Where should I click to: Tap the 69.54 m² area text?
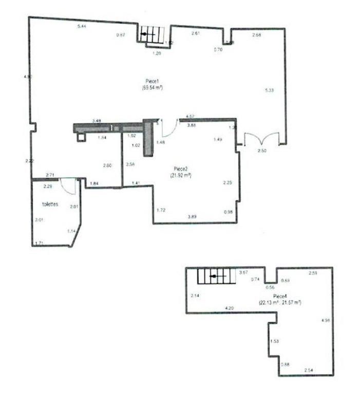[153, 88]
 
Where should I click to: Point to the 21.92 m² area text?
[181, 175]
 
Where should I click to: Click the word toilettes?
[50, 204]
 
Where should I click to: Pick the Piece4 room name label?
[280, 297]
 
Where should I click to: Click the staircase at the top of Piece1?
[151, 34]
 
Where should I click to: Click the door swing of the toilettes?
[69, 185]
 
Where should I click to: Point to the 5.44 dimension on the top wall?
[81, 26]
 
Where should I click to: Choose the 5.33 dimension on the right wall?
[269, 90]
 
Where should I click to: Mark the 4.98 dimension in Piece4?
[325, 321]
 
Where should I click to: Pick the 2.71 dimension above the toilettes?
[50, 175]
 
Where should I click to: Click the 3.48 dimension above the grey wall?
[96, 121]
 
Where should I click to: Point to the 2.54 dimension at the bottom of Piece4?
[309, 370]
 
